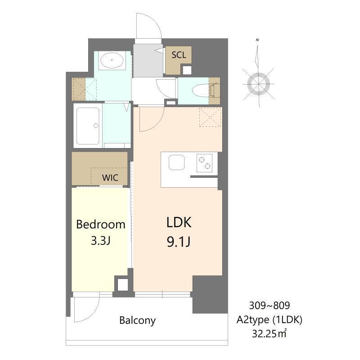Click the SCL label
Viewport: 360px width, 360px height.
point(179,55)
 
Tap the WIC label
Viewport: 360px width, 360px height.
point(110,177)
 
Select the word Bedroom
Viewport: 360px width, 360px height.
point(101,224)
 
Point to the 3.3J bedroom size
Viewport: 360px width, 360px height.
point(101,241)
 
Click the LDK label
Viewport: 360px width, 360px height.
point(179,222)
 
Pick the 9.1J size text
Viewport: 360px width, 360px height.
point(179,242)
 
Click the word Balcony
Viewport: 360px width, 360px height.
point(138,320)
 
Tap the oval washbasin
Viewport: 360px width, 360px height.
point(112,60)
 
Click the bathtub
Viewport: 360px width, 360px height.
point(88,126)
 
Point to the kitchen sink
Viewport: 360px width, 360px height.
point(176,162)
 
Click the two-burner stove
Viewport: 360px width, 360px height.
point(204,163)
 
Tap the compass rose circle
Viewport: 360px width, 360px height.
point(258,84)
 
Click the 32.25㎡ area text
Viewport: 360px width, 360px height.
point(269,333)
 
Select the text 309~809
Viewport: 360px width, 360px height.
point(270,306)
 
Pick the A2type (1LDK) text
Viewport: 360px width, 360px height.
point(270,319)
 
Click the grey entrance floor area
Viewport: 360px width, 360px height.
point(148,61)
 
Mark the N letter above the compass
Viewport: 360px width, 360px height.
point(257,40)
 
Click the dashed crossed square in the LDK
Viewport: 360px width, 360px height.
point(210,117)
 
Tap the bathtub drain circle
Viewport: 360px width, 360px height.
point(96,126)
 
